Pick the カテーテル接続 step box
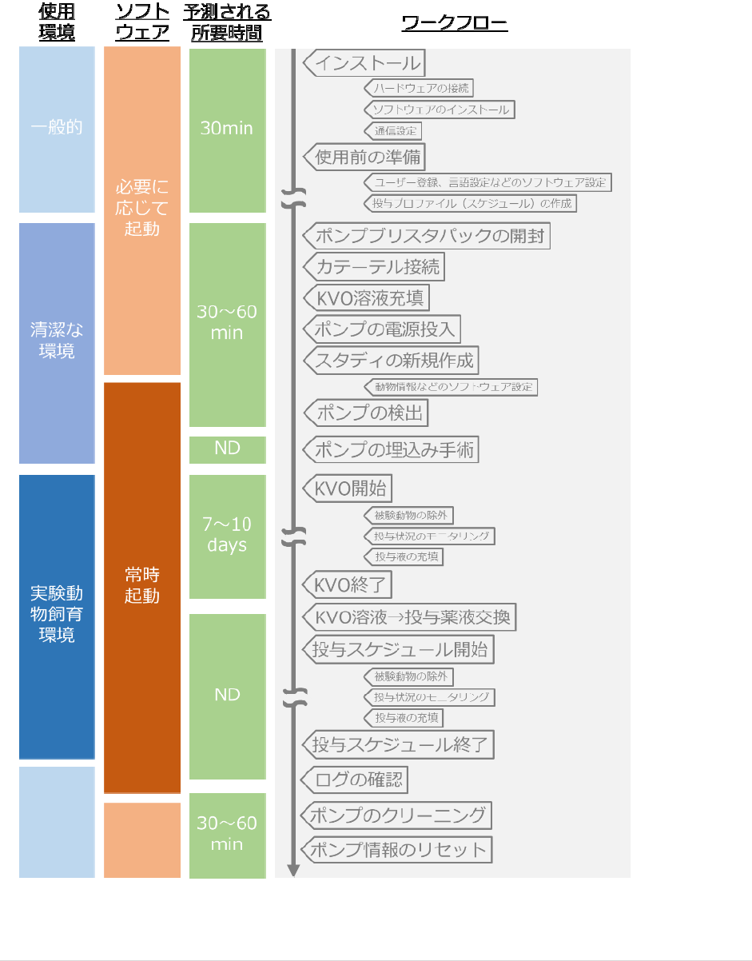374,266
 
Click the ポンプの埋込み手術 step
391,449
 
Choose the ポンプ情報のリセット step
396,849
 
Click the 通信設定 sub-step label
393,130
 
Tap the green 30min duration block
227,129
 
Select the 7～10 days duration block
227,535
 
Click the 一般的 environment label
56,127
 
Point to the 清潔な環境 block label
56,340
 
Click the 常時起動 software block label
142,584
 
